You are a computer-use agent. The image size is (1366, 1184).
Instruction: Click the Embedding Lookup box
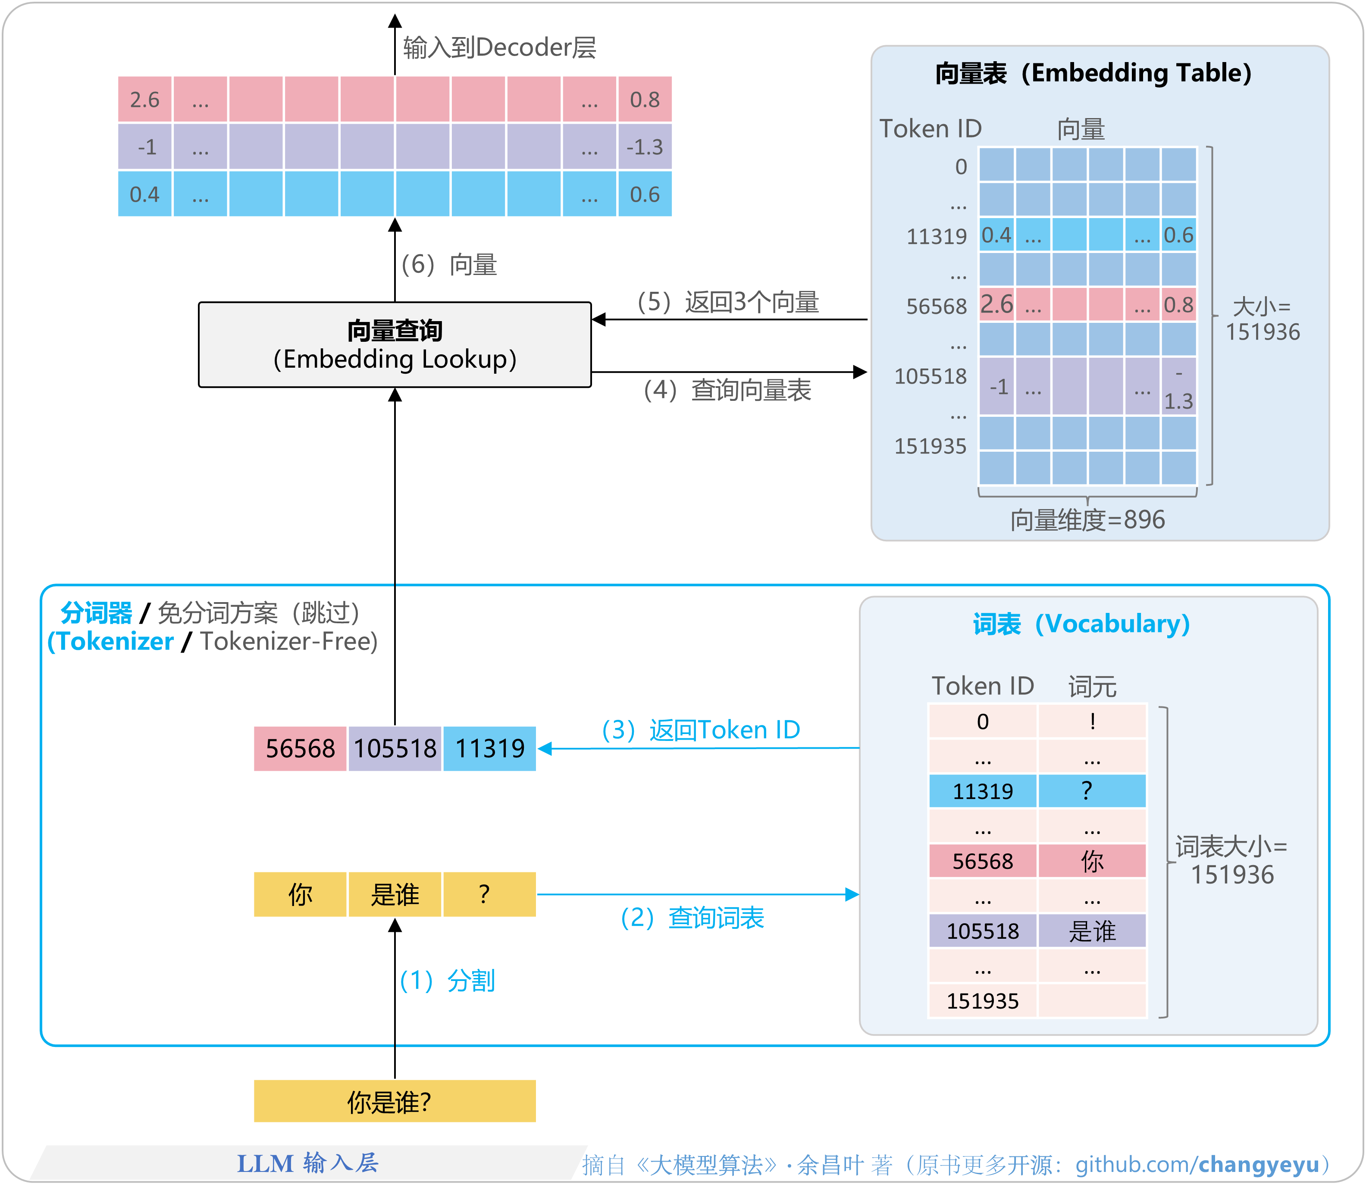395,345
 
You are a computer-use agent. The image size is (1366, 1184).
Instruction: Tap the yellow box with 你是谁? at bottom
395,1101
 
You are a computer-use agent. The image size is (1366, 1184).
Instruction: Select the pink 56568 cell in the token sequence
300,749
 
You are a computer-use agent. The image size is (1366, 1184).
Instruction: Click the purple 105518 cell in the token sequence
395,749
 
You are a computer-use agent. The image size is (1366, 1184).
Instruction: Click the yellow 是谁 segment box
395,895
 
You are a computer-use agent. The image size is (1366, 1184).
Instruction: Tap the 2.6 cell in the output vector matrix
145,100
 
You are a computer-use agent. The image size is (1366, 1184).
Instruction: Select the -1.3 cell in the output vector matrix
644,147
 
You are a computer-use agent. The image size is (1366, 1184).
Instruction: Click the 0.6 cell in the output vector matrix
644,194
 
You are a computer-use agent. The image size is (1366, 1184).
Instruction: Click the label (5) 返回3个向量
727,302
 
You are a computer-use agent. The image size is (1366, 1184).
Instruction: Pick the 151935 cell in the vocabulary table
983,1001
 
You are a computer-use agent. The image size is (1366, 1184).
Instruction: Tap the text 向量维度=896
1087,520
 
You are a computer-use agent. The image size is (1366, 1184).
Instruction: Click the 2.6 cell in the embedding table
996,305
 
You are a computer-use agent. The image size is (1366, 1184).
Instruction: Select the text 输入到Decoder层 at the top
500,47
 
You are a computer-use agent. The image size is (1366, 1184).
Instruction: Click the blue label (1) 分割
448,981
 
